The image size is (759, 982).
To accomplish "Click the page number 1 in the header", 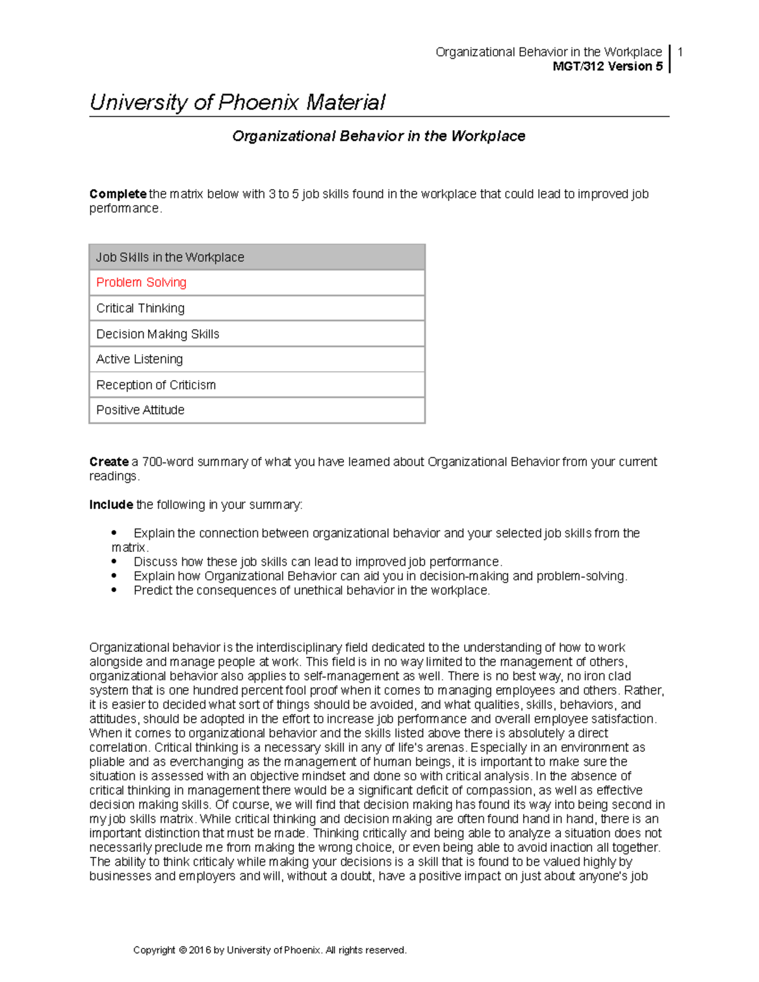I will click(x=680, y=52).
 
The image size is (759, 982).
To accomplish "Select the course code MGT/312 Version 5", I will click(x=607, y=66).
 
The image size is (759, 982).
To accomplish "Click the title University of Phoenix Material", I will click(x=237, y=102).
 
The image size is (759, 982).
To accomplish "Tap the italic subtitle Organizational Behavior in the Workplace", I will click(x=378, y=136).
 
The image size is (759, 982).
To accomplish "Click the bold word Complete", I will click(x=118, y=194).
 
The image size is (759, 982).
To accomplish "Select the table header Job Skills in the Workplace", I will click(x=170, y=257).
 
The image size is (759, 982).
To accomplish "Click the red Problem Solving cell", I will click(x=141, y=283).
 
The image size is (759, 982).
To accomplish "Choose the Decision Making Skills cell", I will click(x=157, y=334).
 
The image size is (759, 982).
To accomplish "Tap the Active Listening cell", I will click(x=139, y=359).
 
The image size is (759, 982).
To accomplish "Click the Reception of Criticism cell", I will click(x=156, y=385).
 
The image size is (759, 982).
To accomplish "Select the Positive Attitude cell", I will click(x=140, y=410).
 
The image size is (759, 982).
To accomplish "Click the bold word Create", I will click(x=109, y=462).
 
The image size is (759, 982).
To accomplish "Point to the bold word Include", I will click(x=111, y=505).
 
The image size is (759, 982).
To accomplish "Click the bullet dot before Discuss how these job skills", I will click(x=114, y=562).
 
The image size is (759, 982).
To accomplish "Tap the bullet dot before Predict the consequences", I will click(x=114, y=590).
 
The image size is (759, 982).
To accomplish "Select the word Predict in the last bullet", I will click(x=153, y=591).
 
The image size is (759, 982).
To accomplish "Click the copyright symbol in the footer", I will click(x=183, y=950).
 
